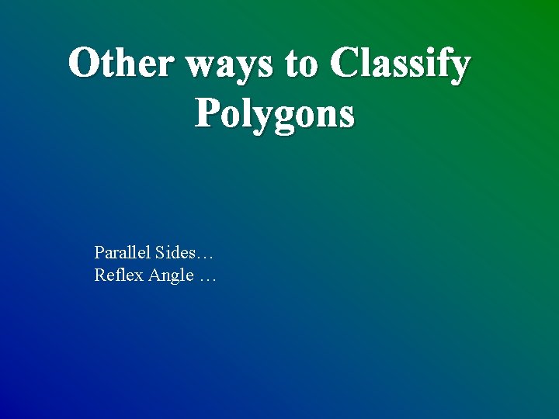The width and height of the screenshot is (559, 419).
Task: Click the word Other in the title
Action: (x=121, y=64)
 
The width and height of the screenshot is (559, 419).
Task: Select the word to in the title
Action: (x=303, y=64)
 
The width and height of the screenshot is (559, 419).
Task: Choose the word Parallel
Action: (x=122, y=252)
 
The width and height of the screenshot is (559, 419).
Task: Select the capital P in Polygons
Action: (x=208, y=113)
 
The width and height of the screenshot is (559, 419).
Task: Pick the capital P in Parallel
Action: (x=99, y=252)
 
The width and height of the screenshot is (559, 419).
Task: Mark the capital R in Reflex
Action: (x=99, y=275)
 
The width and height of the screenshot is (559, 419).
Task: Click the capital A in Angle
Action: (x=155, y=275)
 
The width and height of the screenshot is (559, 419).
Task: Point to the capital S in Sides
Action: (x=160, y=252)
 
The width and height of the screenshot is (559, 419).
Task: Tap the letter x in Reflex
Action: (x=138, y=276)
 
